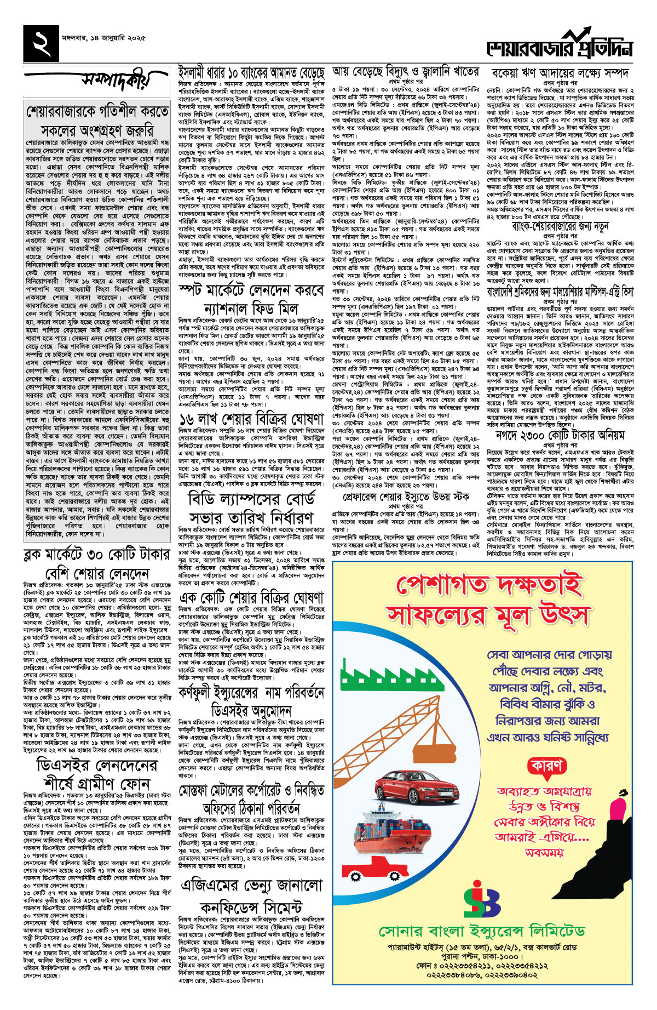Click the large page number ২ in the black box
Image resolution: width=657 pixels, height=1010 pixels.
coord(41,43)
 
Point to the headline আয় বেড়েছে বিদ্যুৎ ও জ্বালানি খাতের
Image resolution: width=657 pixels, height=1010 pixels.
coord(406,71)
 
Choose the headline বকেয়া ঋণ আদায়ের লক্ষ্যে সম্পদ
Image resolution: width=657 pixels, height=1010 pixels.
coord(560,73)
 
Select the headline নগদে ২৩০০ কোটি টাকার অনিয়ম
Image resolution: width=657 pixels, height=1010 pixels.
coord(560,436)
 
